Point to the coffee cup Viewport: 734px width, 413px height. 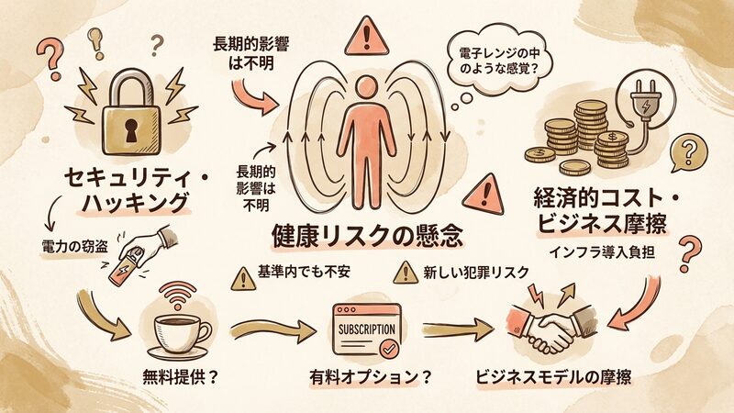point(177,331)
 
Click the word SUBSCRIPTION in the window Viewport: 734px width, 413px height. point(366,329)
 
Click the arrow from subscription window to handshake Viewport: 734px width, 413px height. point(453,329)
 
